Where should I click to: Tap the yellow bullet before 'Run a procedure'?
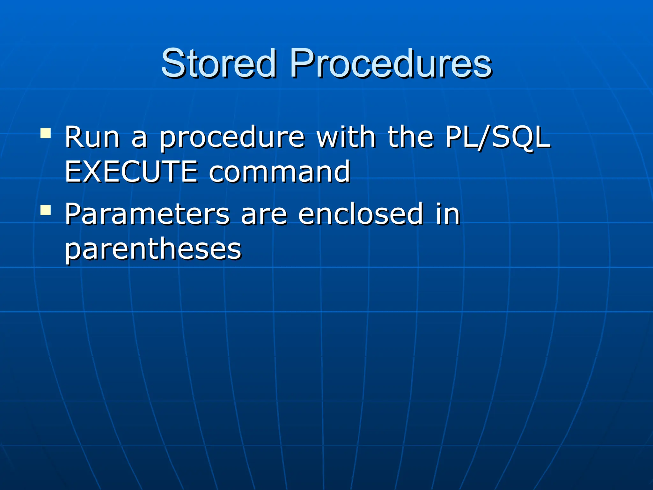(x=46, y=133)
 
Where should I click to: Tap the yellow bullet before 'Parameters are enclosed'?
(x=46, y=210)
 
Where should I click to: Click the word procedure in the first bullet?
(x=232, y=138)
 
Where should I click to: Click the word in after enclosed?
(x=448, y=214)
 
